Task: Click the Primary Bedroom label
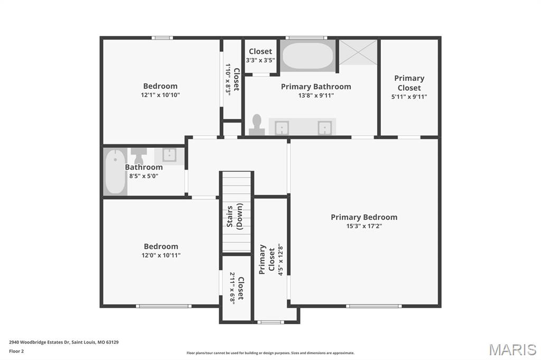pyautogui.click(x=364, y=217)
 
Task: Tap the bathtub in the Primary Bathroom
pyautogui.click(x=307, y=56)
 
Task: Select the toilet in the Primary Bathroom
pyautogui.click(x=257, y=125)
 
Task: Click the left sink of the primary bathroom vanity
pyautogui.click(x=282, y=128)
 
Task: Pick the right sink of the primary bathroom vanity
pyautogui.click(x=324, y=128)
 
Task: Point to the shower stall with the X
pyautogui.click(x=358, y=52)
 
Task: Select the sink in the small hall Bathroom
pyautogui.click(x=169, y=155)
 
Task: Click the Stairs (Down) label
pyautogui.click(x=235, y=215)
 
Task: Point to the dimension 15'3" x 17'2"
pyautogui.click(x=364, y=226)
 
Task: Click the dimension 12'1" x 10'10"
pyautogui.click(x=160, y=95)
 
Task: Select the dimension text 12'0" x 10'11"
pyautogui.click(x=161, y=255)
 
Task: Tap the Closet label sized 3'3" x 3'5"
pyautogui.click(x=260, y=51)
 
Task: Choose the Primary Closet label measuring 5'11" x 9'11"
pyautogui.click(x=409, y=83)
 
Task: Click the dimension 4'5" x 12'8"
pyautogui.click(x=281, y=259)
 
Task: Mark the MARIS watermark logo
pyautogui.click(x=512, y=349)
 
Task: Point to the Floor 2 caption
pyautogui.click(x=17, y=351)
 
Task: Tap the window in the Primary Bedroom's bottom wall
pyautogui.click(x=374, y=306)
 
